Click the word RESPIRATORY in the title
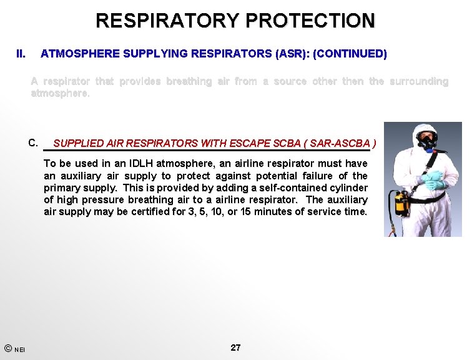coord(167,20)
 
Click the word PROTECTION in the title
coord(310,20)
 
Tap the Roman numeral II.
coord(21,54)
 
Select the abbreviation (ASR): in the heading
coord(292,54)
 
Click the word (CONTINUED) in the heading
coord(350,54)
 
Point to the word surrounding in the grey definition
coord(418,81)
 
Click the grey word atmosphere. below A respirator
coord(61,93)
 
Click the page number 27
coord(235,347)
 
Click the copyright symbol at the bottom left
coord(7,348)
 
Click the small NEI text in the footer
coord(20,350)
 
